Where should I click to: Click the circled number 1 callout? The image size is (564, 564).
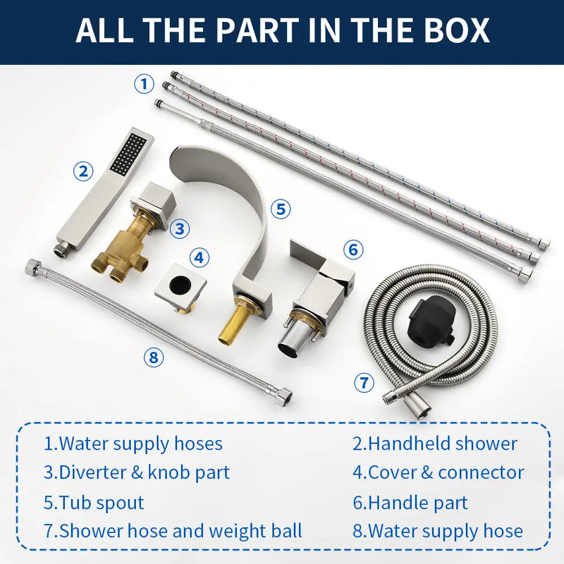[x=145, y=84]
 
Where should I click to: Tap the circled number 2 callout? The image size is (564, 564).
[x=83, y=171]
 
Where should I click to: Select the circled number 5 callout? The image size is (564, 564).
[x=281, y=209]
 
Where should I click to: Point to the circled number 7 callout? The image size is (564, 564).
[x=364, y=382]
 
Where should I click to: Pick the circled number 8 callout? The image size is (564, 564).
[x=154, y=357]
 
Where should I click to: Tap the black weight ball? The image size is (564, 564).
[x=431, y=319]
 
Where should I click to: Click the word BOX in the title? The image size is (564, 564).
[x=456, y=30]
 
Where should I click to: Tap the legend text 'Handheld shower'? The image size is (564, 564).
[x=443, y=443]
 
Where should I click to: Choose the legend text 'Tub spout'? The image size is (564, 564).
[x=102, y=503]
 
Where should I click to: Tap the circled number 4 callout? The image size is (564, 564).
[x=199, y=257]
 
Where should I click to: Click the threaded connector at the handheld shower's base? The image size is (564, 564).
[x=60, y=249]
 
